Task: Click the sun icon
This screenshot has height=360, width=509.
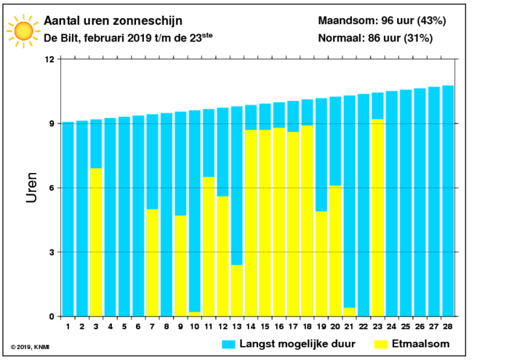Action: pos(24,31)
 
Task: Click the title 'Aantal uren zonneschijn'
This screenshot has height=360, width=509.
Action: pos(113,21)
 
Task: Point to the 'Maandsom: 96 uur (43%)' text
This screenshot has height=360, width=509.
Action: pos(382,21)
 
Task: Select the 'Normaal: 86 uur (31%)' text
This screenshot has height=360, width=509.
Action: pos(375,38)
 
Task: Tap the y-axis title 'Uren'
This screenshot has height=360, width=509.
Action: pos(31,188)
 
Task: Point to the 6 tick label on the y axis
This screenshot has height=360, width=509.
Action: pos(52,188)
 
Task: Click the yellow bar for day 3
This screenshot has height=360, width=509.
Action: pos(96,242)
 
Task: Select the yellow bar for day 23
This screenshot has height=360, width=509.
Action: pos(377,217)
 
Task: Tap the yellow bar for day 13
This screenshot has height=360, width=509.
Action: pos(237,290)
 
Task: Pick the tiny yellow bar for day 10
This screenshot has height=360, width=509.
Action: pos(195,314)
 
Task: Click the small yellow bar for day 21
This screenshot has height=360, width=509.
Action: pos(349,312)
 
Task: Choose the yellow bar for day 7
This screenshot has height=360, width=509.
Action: pos(152,263)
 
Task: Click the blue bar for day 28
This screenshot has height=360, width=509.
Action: pos(448,201)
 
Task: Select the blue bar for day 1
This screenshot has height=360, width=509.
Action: pos(68,219)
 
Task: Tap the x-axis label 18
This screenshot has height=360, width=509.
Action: pos(307,327)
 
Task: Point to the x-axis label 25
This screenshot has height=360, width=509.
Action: pos(406,327)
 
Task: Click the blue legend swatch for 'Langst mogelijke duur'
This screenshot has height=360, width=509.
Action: pos(228,345)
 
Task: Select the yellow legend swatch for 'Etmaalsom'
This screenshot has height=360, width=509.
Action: pos(381,345)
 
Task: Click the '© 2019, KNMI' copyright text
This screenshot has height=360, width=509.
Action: pos(30,348)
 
